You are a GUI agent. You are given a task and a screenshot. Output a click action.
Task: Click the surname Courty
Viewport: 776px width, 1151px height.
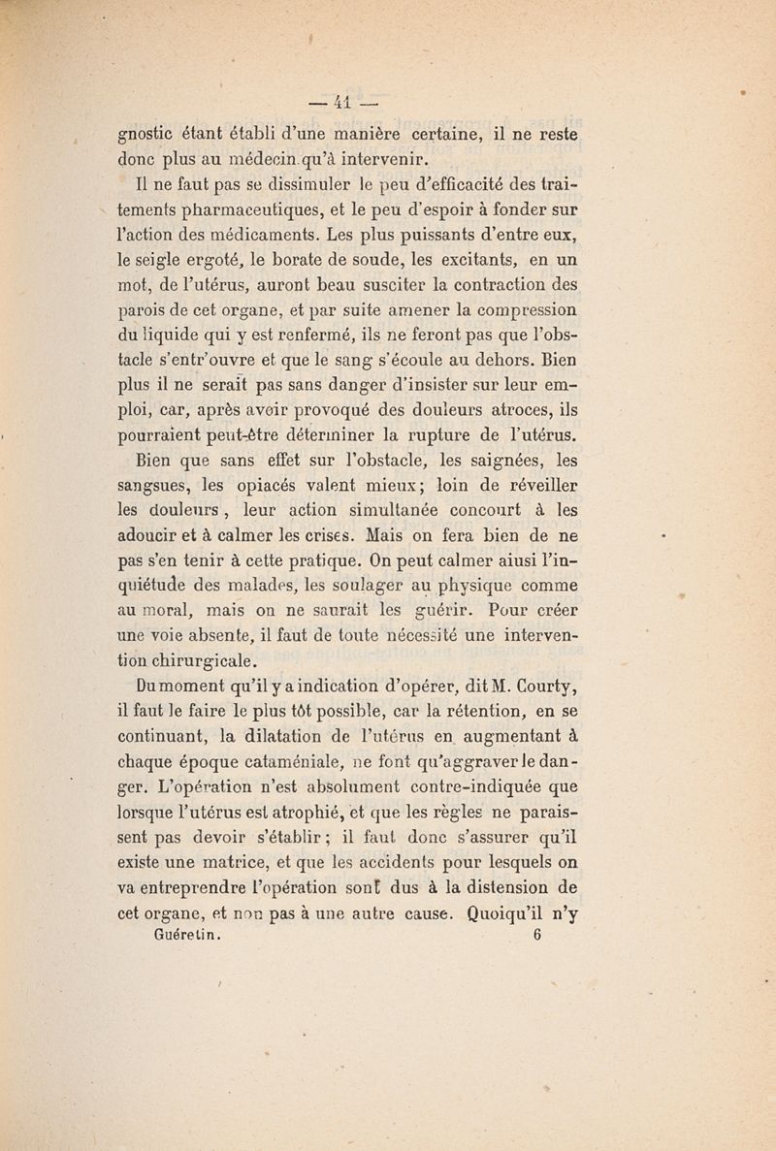coord(542,689)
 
